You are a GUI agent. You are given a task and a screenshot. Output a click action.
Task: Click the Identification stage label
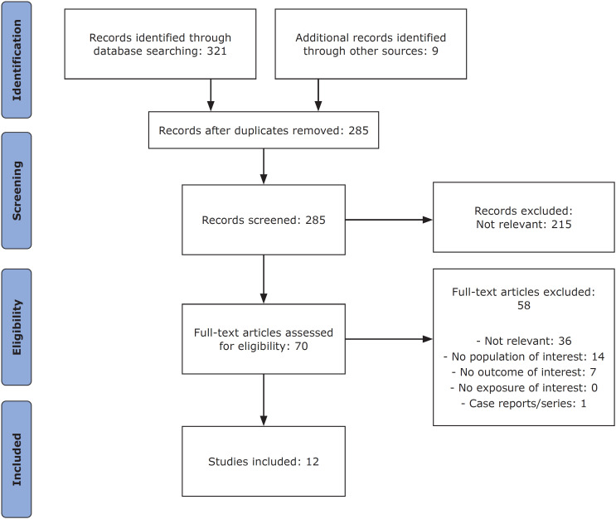coord(17,60)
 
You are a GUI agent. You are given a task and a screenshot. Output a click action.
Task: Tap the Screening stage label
coord(17,191)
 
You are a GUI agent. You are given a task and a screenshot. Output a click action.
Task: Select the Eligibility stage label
coord(17,327)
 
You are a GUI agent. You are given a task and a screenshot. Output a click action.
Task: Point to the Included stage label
coord(17,459)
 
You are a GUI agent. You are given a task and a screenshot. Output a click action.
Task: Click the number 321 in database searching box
coord(217,51)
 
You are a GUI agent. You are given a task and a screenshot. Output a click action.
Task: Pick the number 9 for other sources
coord(435,51)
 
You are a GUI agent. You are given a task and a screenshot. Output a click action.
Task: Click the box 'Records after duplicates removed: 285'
coord(264,130)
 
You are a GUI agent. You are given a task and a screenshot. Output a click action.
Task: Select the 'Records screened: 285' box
coord(264,220)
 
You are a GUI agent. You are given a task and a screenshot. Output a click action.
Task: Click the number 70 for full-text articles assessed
coord(301,346)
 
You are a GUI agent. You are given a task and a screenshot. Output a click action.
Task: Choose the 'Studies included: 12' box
coord(264,461)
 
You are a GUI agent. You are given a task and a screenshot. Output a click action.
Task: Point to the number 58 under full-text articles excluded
coord(524,305)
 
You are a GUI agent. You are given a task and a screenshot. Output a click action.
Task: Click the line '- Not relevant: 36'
coord(524,341)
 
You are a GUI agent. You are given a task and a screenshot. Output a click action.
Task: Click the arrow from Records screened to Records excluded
coord(389,220)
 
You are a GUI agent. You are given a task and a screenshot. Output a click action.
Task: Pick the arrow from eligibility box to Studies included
coord(264,400)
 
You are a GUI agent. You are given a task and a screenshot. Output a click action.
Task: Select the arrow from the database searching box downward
coord(211,95)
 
